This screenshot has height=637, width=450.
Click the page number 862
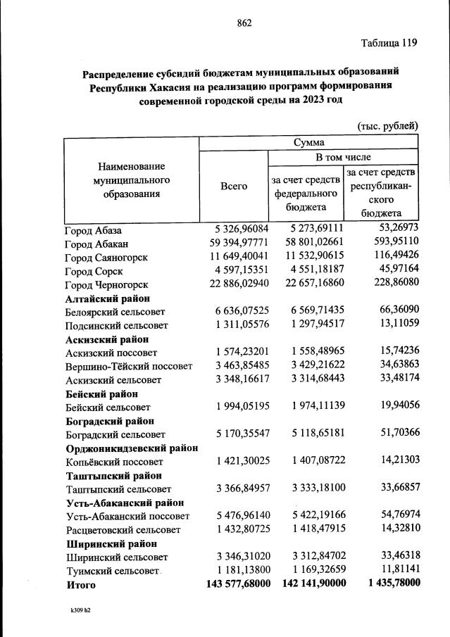click(244, 23)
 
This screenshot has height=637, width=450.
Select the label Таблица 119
click(389, 43)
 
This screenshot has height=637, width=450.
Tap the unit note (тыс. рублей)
click(388, 125)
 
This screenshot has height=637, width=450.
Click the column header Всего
click(234, 186)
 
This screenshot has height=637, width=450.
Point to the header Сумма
click(308, 142)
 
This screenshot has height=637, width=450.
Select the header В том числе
click(342, 157)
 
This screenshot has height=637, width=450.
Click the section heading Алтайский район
click(105, 298)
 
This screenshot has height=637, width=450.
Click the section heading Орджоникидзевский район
click(132, 448)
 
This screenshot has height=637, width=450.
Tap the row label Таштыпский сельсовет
click(118, 488)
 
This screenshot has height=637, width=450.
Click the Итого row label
click(80, 584)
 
